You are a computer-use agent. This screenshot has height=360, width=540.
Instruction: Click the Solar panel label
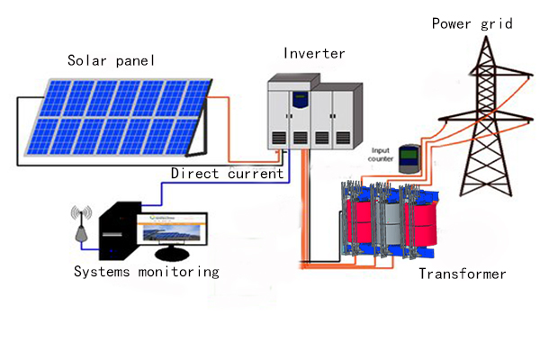pos(112,61)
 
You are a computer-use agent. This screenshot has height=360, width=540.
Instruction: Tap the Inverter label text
pos(313,53)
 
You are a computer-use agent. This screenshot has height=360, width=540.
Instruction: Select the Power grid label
pos(472,23)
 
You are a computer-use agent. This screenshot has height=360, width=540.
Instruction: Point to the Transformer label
pos(463,274)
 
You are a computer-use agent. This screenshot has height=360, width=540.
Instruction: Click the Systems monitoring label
pos(146,271)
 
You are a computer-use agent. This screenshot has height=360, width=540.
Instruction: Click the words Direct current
pos(227,173)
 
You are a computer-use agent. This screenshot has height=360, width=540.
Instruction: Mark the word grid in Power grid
pos(495,23)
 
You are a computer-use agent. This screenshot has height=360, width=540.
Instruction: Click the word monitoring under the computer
pos(176,271)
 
